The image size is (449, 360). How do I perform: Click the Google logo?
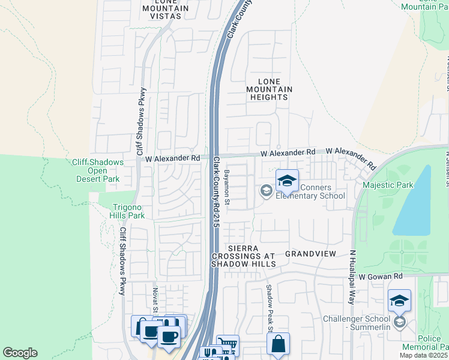[x=20, y=353]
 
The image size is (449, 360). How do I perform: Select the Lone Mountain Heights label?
[x=269, y=89]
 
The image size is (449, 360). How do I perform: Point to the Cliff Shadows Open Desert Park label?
[x=98, y=170]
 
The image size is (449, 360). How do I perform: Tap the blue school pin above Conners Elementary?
[x=287, y=181]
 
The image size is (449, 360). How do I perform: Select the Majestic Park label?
[x=388, y=185]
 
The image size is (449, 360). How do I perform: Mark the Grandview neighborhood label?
[x=310, y=254]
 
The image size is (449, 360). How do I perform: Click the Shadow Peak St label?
[x=270, y=308]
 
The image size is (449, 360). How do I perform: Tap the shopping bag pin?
[x=278, y=344]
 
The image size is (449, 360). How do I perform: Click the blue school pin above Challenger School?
[x=399, y=301]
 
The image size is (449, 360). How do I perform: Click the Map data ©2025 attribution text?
[x=423, y=355]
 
